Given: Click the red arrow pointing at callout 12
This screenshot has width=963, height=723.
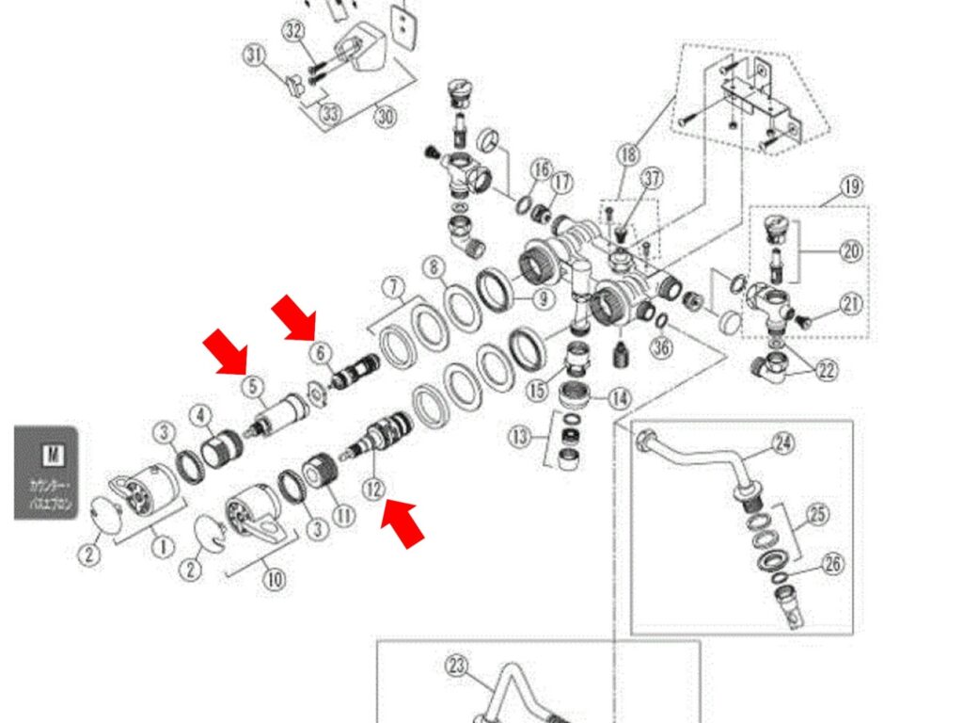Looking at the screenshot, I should coord(402,523).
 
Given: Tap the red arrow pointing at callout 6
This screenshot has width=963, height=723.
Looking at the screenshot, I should coord(294,317).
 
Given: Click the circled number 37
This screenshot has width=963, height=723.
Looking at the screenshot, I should coord(652,179).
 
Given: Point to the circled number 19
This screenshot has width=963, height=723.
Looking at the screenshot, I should coord(851,185).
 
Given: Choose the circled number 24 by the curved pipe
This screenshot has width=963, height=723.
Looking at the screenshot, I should coord(784,442).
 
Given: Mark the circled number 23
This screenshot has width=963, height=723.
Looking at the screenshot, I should coord(457,667).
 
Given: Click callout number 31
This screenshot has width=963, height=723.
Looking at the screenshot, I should coord(255,55).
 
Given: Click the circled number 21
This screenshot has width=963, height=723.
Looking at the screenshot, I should coord(851,304).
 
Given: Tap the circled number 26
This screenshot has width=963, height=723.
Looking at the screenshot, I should coord(833,565).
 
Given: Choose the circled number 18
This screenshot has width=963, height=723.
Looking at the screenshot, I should coord(627,153).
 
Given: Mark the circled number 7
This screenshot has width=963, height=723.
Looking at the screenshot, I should coord(393,285).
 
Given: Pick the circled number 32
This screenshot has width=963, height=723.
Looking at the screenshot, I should coord(294,30).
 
